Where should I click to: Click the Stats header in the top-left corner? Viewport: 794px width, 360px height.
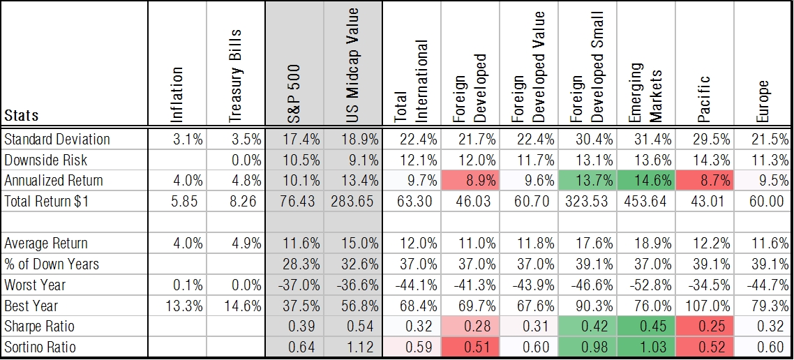pyautogui.click(x=22, y=114)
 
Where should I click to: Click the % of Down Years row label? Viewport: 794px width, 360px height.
pyautogui.click(x=52, y=264)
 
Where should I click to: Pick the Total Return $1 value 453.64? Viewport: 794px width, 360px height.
pyautogui.click(x=646, y=202)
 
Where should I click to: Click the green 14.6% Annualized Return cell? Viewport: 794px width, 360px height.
pyautogui.click(x=646, y=181)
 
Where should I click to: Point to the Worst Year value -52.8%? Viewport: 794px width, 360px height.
pyautogui.click(x=646, y=285)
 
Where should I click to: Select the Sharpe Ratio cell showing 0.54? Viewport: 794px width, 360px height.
pyautogui.click(x=353, y=327)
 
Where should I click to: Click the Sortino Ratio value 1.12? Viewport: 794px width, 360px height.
pyautogui.click(x=353, y=347)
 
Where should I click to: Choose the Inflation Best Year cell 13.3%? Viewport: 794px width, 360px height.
pyautogui.click(x=178, y=306)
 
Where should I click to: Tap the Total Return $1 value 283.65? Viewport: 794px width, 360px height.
pyautogui.click(x=353, y=202)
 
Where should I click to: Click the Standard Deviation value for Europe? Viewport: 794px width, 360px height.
pyautogui.click(x=763, y=139)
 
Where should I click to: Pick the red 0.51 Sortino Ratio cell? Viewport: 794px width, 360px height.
pyautogui.click(x=470, y=347)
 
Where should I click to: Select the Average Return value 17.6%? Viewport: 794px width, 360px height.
pyautogui.click(x=587, y=243)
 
